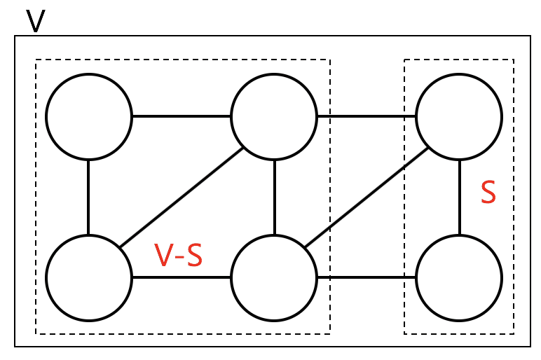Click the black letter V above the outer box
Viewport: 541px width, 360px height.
tap(36, 21)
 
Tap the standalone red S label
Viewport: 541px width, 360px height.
tap(488, 192)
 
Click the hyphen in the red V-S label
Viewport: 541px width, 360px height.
tap(178, 257)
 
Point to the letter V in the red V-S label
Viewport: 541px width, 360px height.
tap(163, 255)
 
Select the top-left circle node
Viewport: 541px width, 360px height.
tap(89, 116)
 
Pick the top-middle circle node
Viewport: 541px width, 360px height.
tap(274, 116)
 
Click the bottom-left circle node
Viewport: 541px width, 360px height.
tap(89, 278)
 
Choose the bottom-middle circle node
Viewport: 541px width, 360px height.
tap(274, 278)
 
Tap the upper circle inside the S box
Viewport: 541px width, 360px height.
tap(459, 116)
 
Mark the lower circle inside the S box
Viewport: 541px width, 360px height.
tap(459, 278)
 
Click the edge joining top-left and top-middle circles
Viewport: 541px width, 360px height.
tap(182, 116)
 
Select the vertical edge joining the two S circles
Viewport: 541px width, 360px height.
tap(460, 198)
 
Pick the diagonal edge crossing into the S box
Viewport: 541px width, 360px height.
tap(367, 198)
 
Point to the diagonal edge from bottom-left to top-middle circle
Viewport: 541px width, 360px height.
tap(182, 198)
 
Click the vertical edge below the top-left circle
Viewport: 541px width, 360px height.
tap(88, 198)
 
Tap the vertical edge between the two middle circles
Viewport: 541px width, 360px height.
tap(274, 198)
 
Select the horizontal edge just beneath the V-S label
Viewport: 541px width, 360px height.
tap(182, 277)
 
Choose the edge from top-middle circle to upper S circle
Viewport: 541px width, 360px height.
tap(367, 116)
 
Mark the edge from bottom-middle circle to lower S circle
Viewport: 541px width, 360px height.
tap(367, 277)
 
